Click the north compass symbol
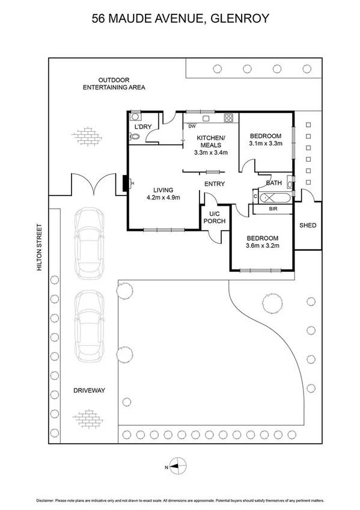[x=178, y=467]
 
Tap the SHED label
[x=308, y=225]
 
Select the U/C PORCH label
[x=215, y=218]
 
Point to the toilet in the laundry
[x=134, y=137]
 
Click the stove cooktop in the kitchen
[x=229, y=118]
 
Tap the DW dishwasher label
[x=192, y=126]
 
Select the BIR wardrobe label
[x=273, y=209]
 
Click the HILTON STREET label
[x=40, y=247]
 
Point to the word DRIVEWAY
[x=89, y=390]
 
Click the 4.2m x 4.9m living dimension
[x=163, y=197]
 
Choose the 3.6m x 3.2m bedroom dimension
[x=263, y=245]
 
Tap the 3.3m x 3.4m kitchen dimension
[x=211, y=152]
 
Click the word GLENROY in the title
[x=240, y=19]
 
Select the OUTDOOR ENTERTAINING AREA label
[x=114, y=84]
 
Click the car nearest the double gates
[x=90, y=243]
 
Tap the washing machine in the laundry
[x=135, y=117]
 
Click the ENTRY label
[x=215, y=184]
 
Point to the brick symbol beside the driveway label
[x=88, y=419]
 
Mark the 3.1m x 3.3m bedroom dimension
[x=266, y=143]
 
